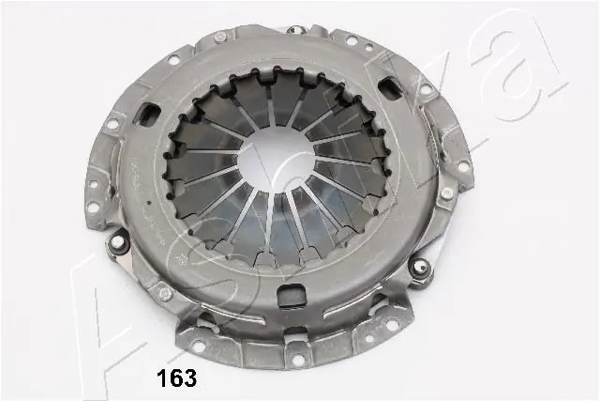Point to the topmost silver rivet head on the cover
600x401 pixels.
[x=219, y=38]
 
